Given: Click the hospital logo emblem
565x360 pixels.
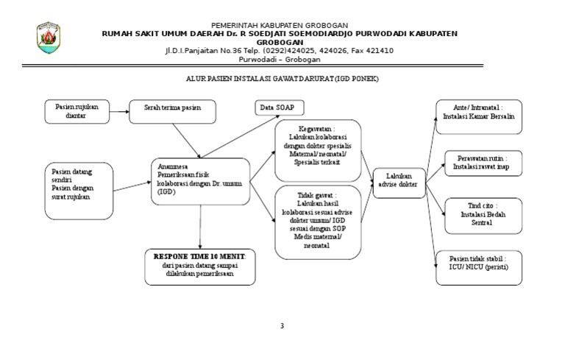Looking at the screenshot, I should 49,38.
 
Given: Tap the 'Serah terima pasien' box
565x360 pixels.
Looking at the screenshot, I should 174,111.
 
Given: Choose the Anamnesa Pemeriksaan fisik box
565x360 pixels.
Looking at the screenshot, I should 200,180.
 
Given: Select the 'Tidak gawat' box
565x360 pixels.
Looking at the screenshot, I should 318,222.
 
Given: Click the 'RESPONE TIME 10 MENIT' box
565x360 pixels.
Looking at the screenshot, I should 200,266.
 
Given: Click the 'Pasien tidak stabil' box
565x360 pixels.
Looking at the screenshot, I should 478,267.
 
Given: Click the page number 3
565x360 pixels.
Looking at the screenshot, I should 282,326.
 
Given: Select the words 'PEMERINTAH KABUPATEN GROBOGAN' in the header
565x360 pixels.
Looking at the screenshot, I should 280,26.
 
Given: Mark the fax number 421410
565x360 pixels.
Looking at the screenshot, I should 377,51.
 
